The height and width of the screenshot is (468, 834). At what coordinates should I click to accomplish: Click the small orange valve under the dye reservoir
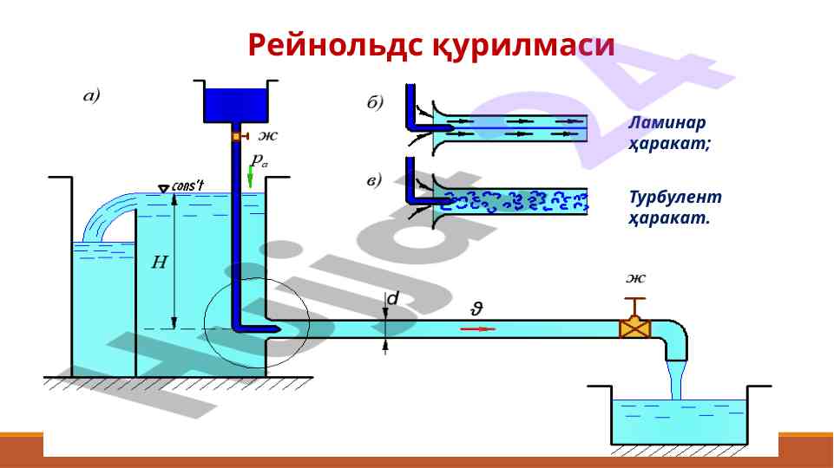point(236,137)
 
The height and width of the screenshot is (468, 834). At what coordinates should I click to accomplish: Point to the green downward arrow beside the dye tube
point(251,179)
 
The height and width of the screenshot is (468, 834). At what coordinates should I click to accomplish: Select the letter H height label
point(160,262)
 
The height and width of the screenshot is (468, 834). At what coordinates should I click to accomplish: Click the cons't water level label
point(187,186)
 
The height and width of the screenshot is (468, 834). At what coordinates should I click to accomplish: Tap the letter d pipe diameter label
point(393,298)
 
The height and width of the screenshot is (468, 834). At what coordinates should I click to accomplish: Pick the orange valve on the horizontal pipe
point(636,328)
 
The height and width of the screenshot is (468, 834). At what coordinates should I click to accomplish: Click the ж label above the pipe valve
point(636,279)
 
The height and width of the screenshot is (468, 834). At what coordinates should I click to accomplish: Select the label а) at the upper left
point(92,96)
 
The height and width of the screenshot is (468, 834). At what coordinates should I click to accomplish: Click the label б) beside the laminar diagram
point(372,102)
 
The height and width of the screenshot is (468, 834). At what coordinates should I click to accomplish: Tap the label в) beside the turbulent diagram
point(372,180)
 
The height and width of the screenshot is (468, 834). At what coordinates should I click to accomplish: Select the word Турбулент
point(675,198)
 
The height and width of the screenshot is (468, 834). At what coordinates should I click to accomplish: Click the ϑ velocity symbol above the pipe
point(476,308)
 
